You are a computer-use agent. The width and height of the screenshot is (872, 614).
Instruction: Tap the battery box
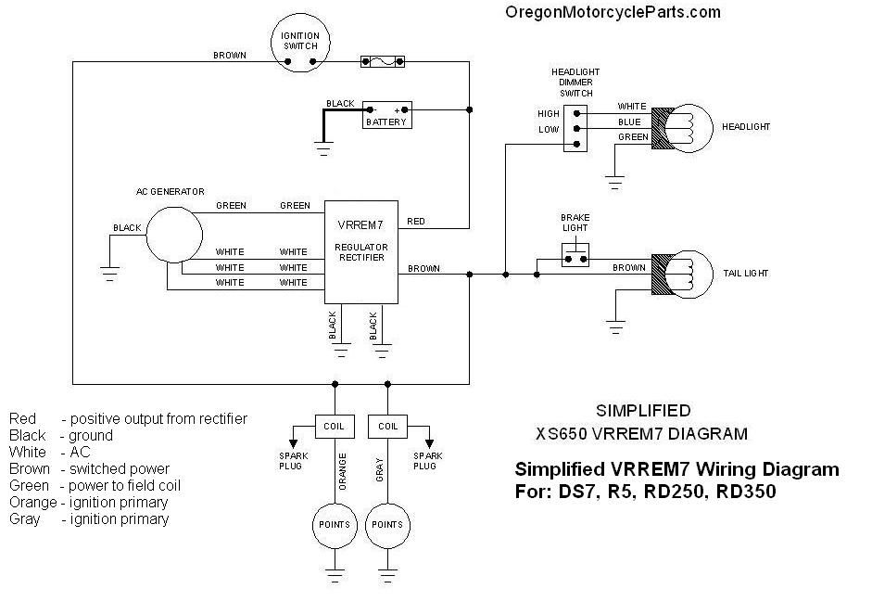tap(386, 115)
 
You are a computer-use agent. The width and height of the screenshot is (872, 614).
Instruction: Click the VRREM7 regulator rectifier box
tap(360, 251)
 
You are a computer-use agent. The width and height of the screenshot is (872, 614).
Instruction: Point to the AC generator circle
tap(174, 234)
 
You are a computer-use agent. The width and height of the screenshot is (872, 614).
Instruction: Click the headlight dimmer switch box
tap(576, 126)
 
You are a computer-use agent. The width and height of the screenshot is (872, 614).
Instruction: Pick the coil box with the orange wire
tap(334, 426)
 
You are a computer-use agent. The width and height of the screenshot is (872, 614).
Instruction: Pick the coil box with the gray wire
tap(388, 426)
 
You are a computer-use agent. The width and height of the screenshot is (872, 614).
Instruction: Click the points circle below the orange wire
tap(334, 524)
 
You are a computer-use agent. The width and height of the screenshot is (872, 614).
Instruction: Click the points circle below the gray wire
tap(388, 524)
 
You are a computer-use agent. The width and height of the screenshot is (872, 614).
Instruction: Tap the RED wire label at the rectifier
tap(416, 222)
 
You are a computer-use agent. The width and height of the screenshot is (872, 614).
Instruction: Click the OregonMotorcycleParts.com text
tap(612, 12)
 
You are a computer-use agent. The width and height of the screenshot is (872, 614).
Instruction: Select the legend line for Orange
tap(89, 503)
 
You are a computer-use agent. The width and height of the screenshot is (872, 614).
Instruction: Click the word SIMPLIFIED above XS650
tap(642, 410)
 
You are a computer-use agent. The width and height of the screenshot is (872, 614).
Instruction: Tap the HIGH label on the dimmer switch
tap(549, 114)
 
